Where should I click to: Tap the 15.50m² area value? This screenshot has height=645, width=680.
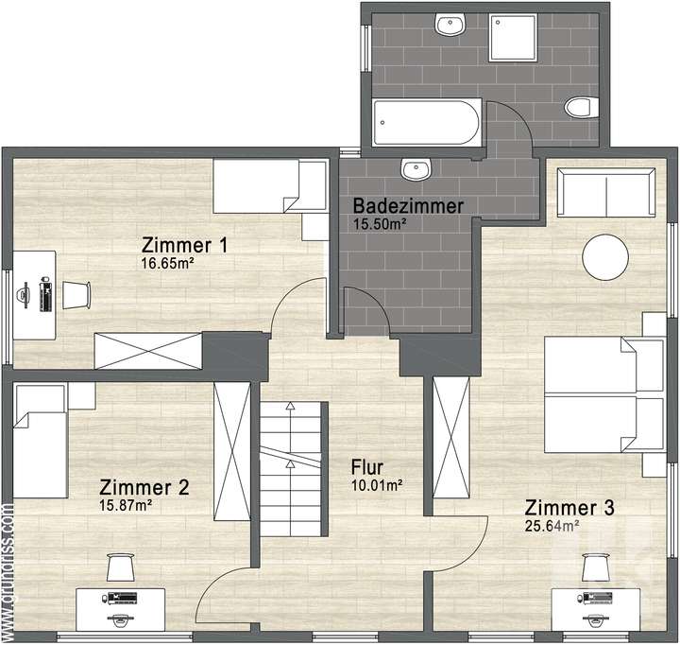380,224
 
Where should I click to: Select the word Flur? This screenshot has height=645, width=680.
368,467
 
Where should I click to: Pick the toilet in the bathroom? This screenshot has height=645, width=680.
575,108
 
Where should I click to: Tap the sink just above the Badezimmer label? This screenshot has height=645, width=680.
415,170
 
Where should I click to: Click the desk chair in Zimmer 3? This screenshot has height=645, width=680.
593,567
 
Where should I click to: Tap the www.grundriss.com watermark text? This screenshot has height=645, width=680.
8,567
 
